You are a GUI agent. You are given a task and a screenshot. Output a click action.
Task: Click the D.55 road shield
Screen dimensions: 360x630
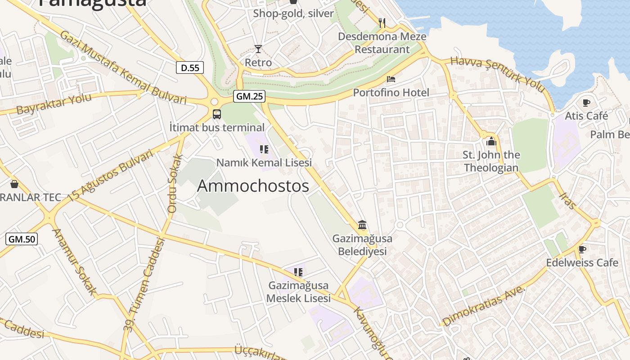pos(189,68)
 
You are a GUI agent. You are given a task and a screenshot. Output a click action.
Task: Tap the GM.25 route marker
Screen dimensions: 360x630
pos(249,96)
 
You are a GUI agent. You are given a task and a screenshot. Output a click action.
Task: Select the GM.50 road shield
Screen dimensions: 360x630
pos(21,239)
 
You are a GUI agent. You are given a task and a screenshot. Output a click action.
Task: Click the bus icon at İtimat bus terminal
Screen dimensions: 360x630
pos(216,114)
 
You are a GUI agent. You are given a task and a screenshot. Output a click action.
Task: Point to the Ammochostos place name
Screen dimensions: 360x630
pos(253,186)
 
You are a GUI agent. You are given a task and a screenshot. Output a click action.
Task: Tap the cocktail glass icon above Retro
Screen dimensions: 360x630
pos(258,49)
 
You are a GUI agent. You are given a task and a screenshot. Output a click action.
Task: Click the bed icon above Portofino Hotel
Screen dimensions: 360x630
pos(391,79)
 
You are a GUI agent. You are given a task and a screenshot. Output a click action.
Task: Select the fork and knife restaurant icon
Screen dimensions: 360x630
pos(382,22)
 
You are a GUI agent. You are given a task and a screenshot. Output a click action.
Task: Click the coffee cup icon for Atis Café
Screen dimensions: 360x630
pos(586,103)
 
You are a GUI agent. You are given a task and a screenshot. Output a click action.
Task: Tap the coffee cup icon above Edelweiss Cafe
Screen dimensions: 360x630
pos(582,249)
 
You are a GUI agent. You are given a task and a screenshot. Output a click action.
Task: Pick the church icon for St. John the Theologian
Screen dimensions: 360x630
pos(490,142)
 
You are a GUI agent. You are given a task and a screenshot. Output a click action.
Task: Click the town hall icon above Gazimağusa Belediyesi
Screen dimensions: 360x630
pos(362,225)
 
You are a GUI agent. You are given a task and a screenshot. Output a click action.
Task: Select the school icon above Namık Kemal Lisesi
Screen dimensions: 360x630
pos(264,149)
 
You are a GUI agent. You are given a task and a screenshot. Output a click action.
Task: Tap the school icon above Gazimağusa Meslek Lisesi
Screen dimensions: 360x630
pos(298,272)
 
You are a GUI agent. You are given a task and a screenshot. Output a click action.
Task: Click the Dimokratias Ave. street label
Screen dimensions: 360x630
pos(484,306)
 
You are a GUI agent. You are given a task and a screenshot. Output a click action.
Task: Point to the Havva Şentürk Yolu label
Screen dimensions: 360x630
pos(497,74)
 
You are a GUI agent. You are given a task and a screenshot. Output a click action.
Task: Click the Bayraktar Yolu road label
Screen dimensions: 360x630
pos(54,104)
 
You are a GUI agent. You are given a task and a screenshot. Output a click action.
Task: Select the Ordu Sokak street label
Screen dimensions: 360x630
pos(175,183)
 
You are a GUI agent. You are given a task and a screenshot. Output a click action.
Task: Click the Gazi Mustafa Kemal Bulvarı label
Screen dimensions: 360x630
pos(122,67)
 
